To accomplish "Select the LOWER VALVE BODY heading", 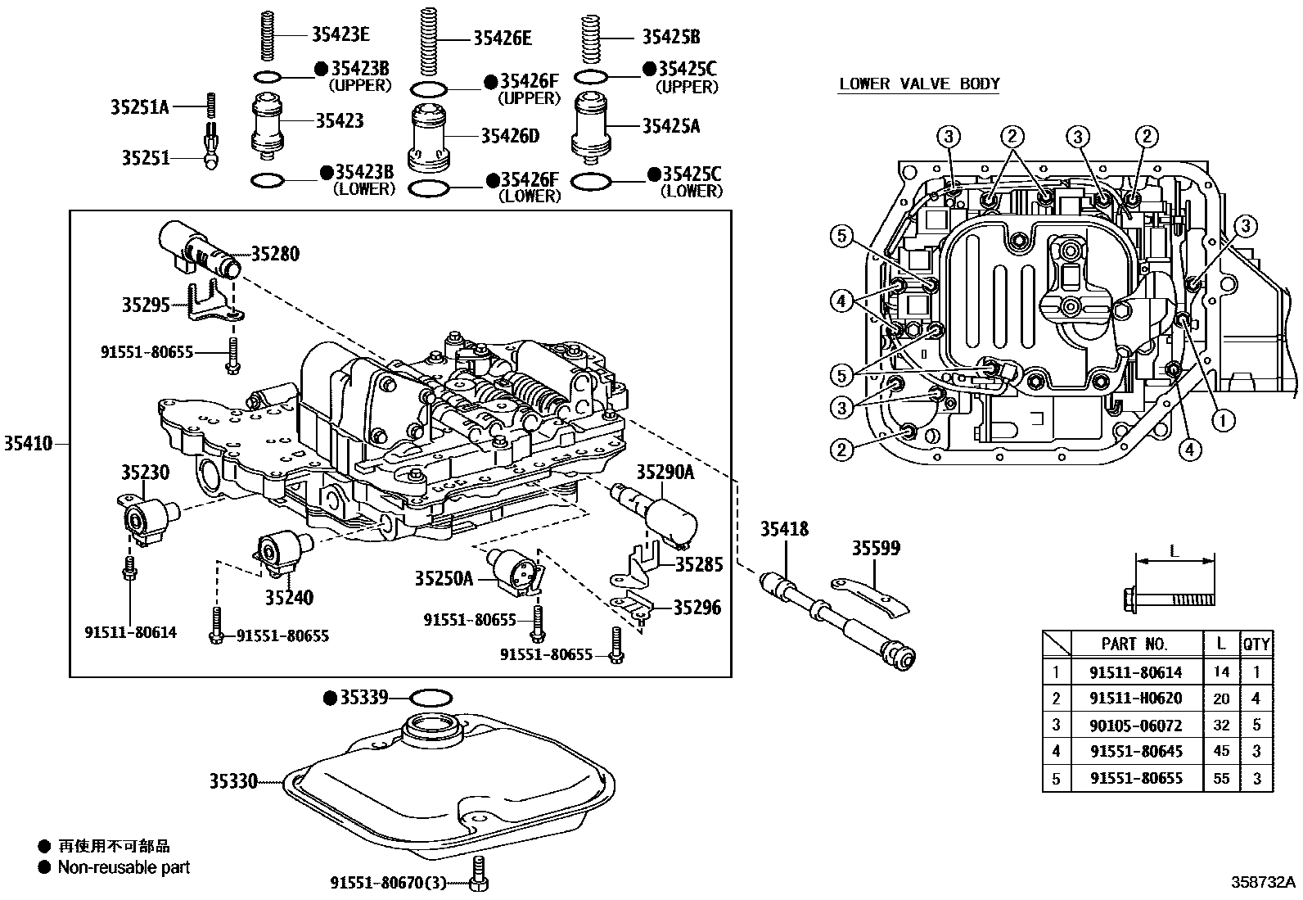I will point(918,84).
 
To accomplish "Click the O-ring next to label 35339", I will point(430,698).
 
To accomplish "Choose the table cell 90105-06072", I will point(1135,725).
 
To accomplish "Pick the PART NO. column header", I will point(1135,644).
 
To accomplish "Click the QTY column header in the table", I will point(1256,644).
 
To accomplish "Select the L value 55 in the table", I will point(1220,778).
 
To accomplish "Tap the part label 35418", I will point(784,530).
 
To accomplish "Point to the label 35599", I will point(876,548).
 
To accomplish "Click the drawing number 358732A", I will point(1264,882).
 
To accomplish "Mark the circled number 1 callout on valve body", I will point(1222,421).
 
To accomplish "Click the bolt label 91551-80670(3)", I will point(388,883).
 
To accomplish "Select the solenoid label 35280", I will point(275,254).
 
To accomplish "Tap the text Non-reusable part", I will point(124,867).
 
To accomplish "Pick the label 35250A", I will point(444,579).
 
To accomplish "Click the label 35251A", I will point(139,106).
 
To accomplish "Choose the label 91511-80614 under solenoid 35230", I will point(130,632).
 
